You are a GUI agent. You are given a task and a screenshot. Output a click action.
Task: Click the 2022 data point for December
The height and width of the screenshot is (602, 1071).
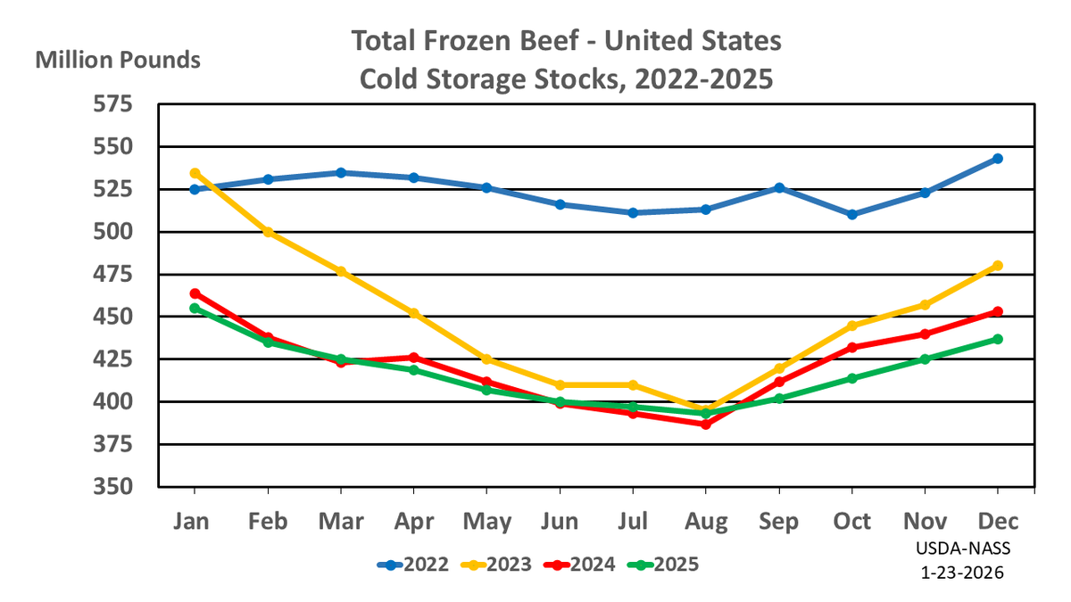click(998, 159)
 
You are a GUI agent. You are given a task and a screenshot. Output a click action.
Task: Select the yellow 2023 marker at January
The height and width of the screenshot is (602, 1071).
click(195, 173)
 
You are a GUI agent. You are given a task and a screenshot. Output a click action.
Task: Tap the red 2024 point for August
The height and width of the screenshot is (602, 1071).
click(706, 425)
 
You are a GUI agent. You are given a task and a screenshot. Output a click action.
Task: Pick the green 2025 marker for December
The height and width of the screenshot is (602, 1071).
click(998, 339)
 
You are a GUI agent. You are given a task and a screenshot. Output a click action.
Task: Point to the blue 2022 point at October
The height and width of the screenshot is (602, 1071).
click(852, 215)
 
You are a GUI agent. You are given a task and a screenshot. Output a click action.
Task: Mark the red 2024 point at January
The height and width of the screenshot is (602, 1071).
click(195, 293)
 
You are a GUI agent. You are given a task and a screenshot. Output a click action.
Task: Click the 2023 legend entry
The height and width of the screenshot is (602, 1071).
click(496, 564)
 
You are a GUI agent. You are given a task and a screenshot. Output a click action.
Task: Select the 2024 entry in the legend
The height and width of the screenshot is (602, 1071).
click(580, 564)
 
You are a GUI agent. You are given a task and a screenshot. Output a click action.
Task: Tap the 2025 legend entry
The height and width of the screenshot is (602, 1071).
click(664, 564)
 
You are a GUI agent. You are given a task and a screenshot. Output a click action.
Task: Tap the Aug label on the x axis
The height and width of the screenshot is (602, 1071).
click(706, 520)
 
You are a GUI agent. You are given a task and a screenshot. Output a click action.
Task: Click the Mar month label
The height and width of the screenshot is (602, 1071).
click(340, 520)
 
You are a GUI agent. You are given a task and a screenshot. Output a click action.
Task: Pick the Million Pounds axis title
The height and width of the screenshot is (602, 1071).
click(118, 61)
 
